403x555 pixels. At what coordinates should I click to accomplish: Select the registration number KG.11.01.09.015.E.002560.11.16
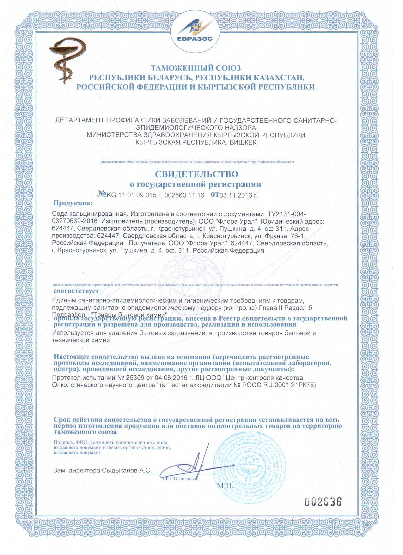tap(156, 195)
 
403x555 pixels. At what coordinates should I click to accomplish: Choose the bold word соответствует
tap(76, 290)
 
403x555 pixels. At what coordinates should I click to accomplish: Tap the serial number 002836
tap(323, 502)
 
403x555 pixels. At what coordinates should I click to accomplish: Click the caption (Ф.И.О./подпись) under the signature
tap(180, 479)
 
